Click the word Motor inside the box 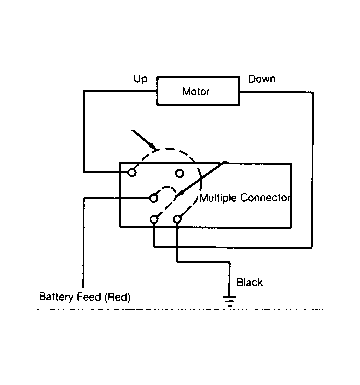pyautogui.click(x=196, y=91)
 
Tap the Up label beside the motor pyautogui.click(x=140, y=79)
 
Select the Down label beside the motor pyautogui.click(x=262, y=79)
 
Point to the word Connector pyautogui.click(x=265, y=198)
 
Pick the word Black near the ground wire pyautogui.click(x=249, y=282)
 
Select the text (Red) pyautogui.click(x=117, y=297)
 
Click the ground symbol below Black pyautogui.click(x=229, y=300)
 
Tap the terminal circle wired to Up pyautogui.click(x=132, y=172)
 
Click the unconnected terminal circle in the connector pyautogui.click(x=179, y=173)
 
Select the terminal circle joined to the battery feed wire pyautogui.click(x=153, y=198)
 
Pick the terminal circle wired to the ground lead pyautogui.click(x=177, y=219)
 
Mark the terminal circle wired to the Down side pyautogui.click(x=154, y=219)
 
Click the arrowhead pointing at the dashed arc pyautogui.click(x=152, y=146)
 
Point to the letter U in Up pyautogui.click(x=137, y=79)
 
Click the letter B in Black pyautogui.click(x=239, y=282)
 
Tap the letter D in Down pyautogui.click(x=252, y=79)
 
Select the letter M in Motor pyautogui.click(x=186, y=91)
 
